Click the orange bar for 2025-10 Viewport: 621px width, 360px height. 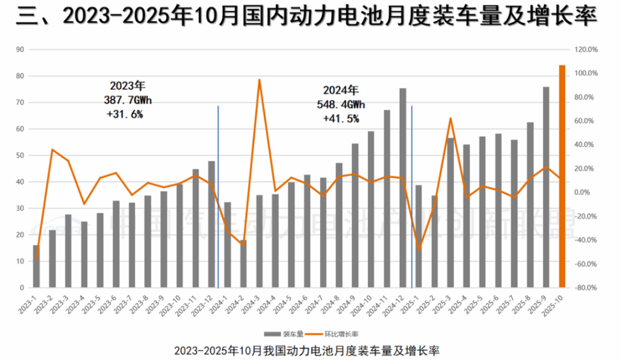coord(562,176)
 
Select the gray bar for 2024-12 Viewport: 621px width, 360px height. coord(403,188)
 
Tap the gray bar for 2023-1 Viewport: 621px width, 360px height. coord(36,267)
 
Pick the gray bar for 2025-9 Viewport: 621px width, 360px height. coord(546,187)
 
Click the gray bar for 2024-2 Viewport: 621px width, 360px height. coord(243,264)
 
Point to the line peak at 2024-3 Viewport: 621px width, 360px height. coord(259,79)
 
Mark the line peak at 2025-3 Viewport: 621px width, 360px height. coord(451,118)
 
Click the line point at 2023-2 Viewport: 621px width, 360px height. coord(53,150)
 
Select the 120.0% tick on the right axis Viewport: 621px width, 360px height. coord(586,50)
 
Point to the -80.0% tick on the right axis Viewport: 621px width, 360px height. coord(586,288)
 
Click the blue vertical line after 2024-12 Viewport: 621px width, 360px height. coord(412,194)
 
